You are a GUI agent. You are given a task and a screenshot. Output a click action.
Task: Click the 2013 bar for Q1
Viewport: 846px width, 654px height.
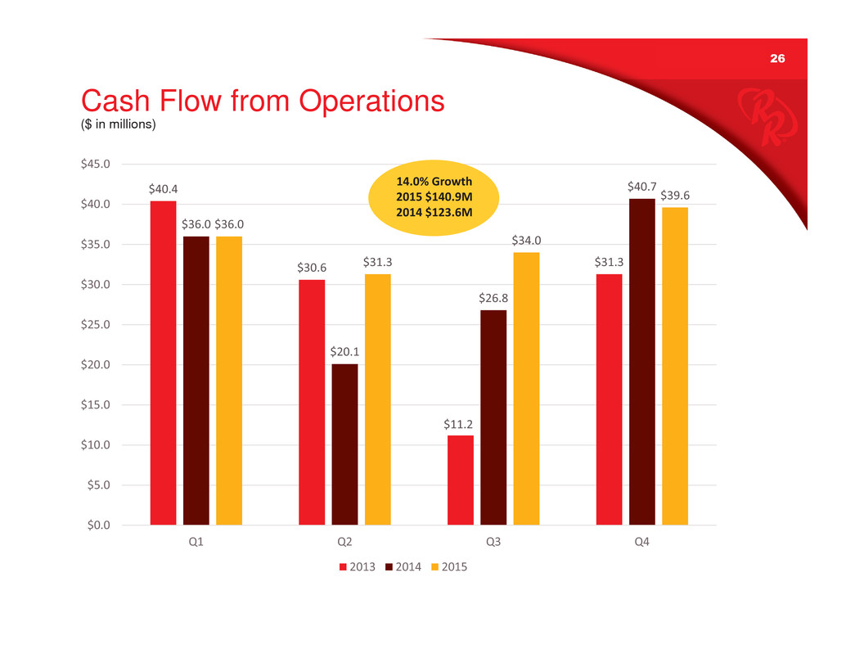[x=163, y=362]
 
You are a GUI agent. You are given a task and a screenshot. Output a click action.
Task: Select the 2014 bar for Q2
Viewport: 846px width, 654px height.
[x=344, y=444]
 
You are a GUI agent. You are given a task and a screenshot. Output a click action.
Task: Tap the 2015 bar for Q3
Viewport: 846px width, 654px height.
[x=526, y=388]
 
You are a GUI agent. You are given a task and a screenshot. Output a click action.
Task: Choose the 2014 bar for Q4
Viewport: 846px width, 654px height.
[x=642, y=361]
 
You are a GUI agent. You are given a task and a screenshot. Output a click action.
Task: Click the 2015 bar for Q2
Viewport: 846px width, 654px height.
[x=378, y=399]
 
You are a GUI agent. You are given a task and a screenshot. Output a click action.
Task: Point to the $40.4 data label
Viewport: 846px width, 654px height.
[x=163, y=189]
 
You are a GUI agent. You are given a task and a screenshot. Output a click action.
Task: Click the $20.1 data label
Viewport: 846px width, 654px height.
[x=344, y=352]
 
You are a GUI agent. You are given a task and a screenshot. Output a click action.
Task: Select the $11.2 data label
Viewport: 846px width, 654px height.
[x=461, y=423]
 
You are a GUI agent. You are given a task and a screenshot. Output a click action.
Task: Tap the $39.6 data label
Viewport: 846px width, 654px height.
[x=676, y=196]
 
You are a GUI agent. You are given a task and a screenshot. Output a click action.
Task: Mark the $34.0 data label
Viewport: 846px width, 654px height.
[x=526, y=241]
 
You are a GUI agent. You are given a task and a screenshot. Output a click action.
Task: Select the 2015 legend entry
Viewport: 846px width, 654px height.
[x=449, y=566]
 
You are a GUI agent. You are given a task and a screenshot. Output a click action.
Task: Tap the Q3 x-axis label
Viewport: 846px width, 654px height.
[x=493, y=542]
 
